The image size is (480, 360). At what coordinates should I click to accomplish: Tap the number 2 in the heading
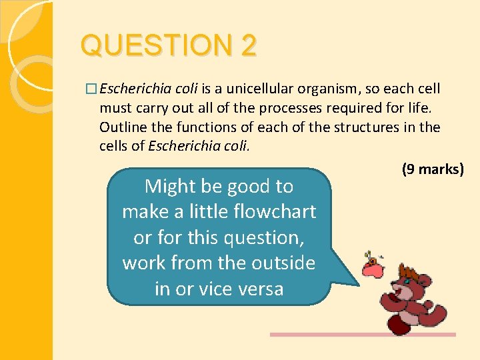point(249,46)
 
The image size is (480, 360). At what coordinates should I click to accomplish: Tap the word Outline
point(121,127)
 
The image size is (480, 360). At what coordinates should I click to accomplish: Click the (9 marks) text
point(432,169)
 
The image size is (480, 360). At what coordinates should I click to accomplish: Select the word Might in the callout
point(171,186)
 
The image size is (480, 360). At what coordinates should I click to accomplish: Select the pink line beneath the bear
point(363,335)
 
